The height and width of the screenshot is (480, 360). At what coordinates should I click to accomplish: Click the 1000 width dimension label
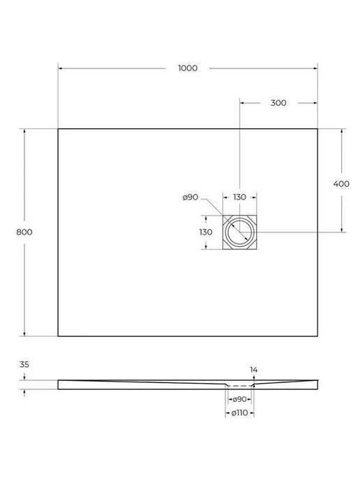tap(188, 68)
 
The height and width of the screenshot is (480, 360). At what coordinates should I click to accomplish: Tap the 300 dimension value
tap(278, 103)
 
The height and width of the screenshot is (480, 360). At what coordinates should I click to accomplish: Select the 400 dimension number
tap(341, 183)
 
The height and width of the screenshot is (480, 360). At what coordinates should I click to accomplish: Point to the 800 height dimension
tap(24, 232)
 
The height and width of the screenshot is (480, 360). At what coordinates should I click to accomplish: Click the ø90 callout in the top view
tap(190, 197)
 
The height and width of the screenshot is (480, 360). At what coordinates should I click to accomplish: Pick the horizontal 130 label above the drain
tap(239, 197)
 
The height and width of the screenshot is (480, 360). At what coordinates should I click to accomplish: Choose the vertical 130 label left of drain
tap(206, 232)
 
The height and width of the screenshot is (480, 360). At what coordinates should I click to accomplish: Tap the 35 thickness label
tap(24, 365)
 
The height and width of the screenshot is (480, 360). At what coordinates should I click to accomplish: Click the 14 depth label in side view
tap(254, 370)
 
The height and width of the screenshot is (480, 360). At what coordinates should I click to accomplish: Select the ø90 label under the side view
tap(239, 399)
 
